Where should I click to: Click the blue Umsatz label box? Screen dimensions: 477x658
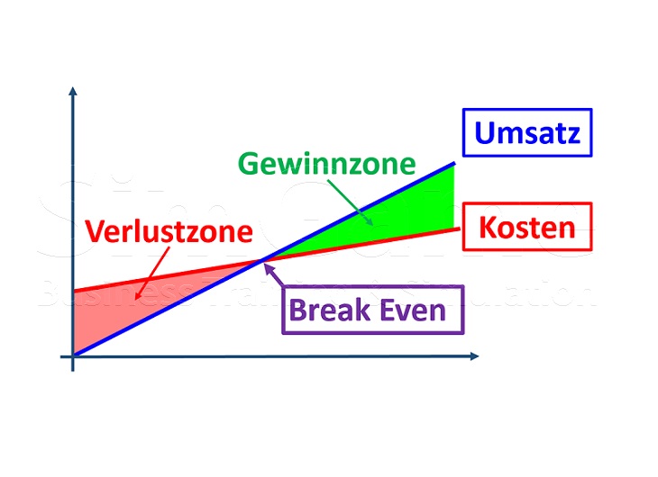[x=527, y=133]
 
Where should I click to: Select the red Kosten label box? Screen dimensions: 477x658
[x=526, y=227]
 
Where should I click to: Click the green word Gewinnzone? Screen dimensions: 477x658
[x=326, y=164]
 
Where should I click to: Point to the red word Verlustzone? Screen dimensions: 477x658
[x=169, y=232]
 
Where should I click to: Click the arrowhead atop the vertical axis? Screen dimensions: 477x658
[x=72, y=91]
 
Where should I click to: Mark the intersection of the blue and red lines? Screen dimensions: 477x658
[x=262, y=261]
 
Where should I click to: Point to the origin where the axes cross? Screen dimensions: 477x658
[x=73, y=357]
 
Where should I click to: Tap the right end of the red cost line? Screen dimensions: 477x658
[x=459, y=228]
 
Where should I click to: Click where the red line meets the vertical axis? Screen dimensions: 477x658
[x=73, y=291]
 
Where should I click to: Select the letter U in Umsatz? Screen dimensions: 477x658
[x=485, y=133]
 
